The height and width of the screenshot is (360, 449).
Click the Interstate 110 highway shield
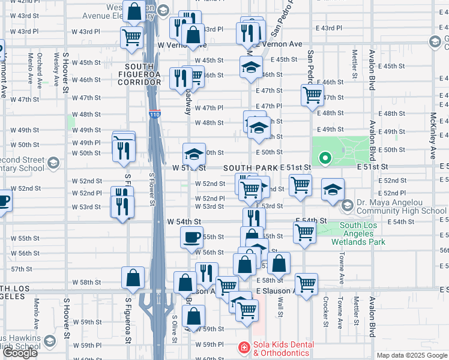click(155, 114)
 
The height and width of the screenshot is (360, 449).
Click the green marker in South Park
click(325, 158)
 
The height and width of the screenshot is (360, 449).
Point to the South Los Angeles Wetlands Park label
click(362, 234)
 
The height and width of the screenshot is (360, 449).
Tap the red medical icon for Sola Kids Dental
click(244, 347)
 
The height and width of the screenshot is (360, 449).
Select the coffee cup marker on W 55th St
click(192, 237)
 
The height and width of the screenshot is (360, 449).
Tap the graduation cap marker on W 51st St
click(194, 154)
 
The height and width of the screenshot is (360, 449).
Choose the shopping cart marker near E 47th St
click(312, 94)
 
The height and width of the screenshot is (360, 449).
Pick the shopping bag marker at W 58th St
click(133, 278)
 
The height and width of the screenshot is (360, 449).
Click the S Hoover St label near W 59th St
click(66, 312)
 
